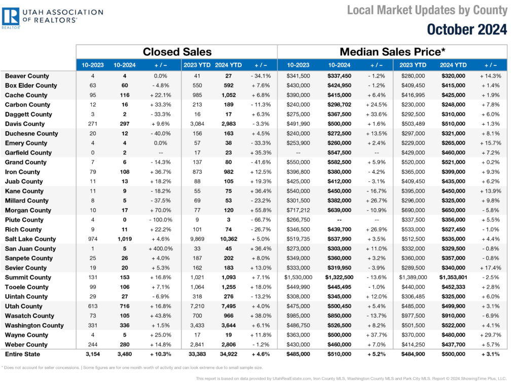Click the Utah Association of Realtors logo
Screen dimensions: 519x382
[52, 18]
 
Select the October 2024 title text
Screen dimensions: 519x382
[467, 29]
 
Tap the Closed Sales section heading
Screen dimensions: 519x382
[177, 52]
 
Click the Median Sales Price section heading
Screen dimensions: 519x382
[392, 52]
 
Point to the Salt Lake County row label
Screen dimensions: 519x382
[30, 239]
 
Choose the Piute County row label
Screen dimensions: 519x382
[24, 220]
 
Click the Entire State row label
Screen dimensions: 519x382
[22, 354]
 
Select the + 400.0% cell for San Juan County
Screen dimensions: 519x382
[161, 249]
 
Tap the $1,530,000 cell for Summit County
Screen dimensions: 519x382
[298, 278]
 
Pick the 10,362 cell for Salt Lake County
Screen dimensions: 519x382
[229, 239]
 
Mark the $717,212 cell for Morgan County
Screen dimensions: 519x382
[298, 210]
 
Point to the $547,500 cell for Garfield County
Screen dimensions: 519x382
[339, 153]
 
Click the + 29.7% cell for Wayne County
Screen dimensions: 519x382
[491, 335]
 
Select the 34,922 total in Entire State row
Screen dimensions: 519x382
[229, 354]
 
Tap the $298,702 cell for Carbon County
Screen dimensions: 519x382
[339, 105]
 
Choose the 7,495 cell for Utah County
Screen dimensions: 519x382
[229, 307]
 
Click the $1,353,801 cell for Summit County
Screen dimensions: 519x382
[453, 278]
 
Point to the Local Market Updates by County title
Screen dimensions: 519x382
[427, 10]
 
